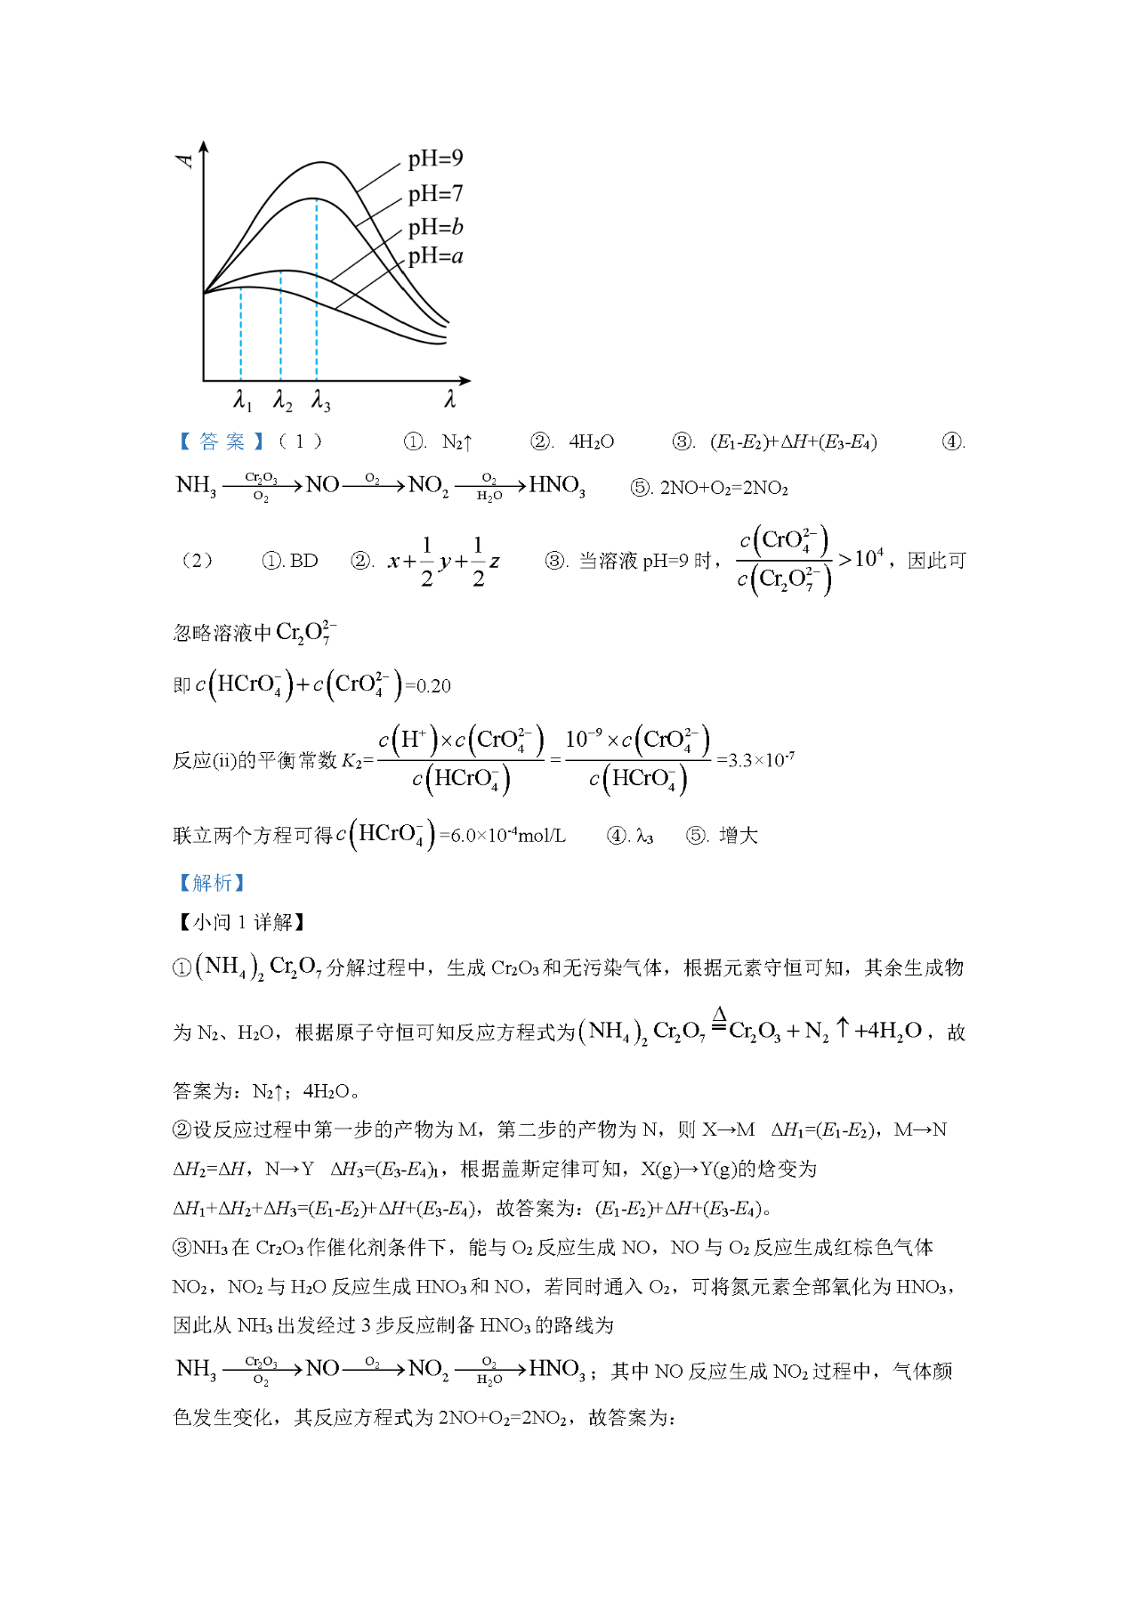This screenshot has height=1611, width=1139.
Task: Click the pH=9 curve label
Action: point(435,159)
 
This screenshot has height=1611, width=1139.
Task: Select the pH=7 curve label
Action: point(435,194)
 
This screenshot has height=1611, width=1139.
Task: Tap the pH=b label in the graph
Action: point(435,227)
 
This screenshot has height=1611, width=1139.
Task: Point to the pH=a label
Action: point(435,257)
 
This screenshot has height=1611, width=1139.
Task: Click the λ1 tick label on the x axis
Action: point(242,401)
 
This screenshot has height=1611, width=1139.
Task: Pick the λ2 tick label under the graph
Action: point(282,401)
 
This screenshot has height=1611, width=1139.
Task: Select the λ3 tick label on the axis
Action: point(320,401)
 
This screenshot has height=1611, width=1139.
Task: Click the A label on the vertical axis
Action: point(185,160)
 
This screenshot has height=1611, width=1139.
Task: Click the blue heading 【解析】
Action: point(212,882)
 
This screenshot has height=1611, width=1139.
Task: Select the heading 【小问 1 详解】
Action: point(240,922)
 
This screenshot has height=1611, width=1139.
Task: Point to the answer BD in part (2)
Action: point(303,561)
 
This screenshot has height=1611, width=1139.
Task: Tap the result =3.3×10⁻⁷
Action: point(755,760)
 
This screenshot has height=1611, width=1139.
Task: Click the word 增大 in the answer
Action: point(738,836)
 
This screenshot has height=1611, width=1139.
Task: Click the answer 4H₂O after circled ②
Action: point(591,441)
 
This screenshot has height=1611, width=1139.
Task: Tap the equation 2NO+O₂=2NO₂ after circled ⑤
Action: point(723,488)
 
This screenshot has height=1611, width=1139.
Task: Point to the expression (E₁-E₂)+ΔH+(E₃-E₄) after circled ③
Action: point(793,441)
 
